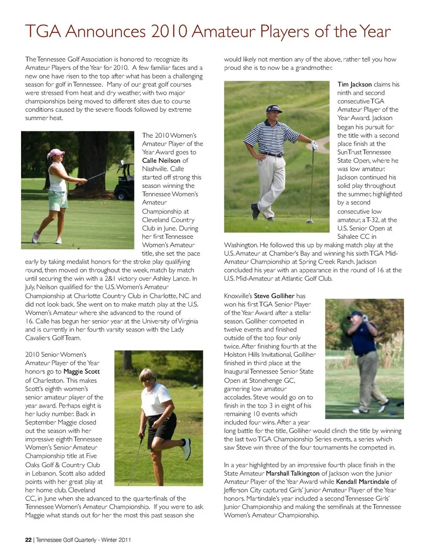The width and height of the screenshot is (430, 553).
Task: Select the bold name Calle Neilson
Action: click(161, 160)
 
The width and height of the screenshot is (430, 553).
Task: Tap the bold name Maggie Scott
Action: click(82, 372)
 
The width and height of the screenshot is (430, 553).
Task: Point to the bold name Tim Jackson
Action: click(354, 84)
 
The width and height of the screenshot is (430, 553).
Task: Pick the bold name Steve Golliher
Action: click(274, 296)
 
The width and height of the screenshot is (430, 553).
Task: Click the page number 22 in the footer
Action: click(28, 540)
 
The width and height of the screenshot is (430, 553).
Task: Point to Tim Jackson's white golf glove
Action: click(314, 145)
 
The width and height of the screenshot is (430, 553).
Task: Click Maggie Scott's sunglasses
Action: click(146, 380)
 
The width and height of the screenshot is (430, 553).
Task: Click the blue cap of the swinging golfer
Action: click(357, 313)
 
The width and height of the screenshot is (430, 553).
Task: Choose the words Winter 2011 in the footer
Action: click(116, 540)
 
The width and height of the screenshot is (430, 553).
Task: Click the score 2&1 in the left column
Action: click(110, 279)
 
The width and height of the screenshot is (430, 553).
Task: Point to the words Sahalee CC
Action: click(357, 237)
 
